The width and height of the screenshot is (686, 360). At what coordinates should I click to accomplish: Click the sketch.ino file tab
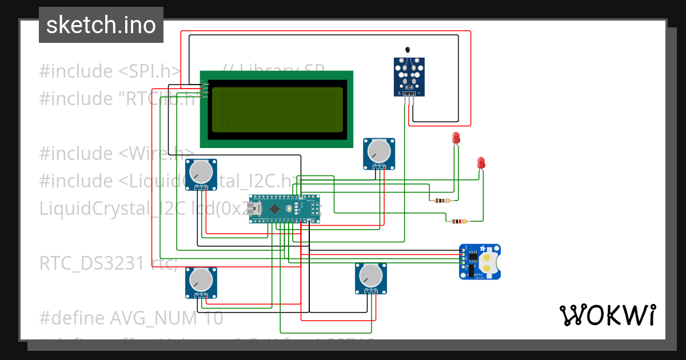click(x=101, y=25)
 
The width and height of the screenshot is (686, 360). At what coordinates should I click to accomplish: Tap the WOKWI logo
click(x=607, y=315)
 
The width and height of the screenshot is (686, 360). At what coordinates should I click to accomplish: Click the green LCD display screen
click(x=277, y=109)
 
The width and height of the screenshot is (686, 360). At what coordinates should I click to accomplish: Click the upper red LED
click(x=456, y=138)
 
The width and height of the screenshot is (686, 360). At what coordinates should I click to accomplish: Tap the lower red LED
click(x=481, y=162)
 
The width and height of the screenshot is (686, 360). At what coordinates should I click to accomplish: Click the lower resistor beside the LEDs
click(x=459, y=221)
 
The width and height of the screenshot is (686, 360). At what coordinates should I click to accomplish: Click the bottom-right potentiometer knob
click(x=370, y=275)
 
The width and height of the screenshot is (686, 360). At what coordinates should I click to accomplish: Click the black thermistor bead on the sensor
click(x=408, y=50)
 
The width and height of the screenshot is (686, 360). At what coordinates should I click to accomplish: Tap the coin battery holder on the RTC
click(x=488, y=262)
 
